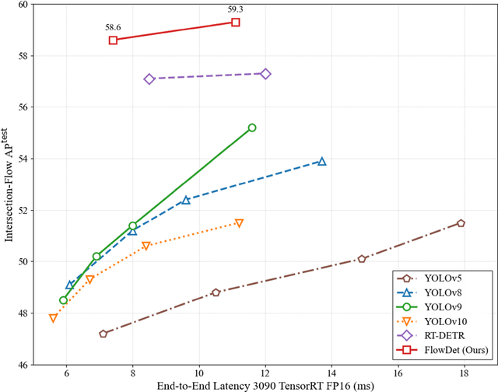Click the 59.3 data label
(236, 10)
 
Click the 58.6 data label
(114, 27)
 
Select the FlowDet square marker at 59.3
(236, 23)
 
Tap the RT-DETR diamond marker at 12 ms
(265, 74)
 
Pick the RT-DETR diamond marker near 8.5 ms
(149, 79)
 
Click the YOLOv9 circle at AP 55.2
(252, 128)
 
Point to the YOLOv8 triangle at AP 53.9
(322, 161)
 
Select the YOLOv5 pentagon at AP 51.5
(461, 223)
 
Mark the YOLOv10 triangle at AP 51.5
(239, 223)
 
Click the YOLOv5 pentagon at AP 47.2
(103, 334)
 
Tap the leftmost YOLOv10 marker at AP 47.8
(53, 318)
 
